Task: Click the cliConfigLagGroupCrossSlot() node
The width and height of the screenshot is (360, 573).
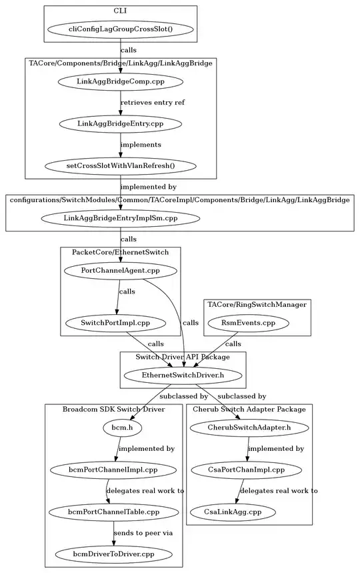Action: [120, 29]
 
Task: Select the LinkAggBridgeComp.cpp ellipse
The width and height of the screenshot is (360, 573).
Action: [120, 82]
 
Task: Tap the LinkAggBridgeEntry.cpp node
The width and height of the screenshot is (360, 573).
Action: [120, 123]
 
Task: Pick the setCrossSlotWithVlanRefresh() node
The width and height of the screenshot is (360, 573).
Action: [120, 165]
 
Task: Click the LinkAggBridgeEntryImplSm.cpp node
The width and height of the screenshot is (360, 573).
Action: [120, 217]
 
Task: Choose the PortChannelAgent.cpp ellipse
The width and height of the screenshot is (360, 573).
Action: [120, 271]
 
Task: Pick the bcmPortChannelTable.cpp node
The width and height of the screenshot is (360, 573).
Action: [113, 512]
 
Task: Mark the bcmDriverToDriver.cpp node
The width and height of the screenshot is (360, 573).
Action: [113, 553]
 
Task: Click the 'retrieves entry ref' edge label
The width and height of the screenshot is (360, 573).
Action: [152, 103]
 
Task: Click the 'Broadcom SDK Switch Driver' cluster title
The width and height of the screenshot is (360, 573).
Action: [113, 408]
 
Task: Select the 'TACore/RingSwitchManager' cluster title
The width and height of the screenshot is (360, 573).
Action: [257, 304]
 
